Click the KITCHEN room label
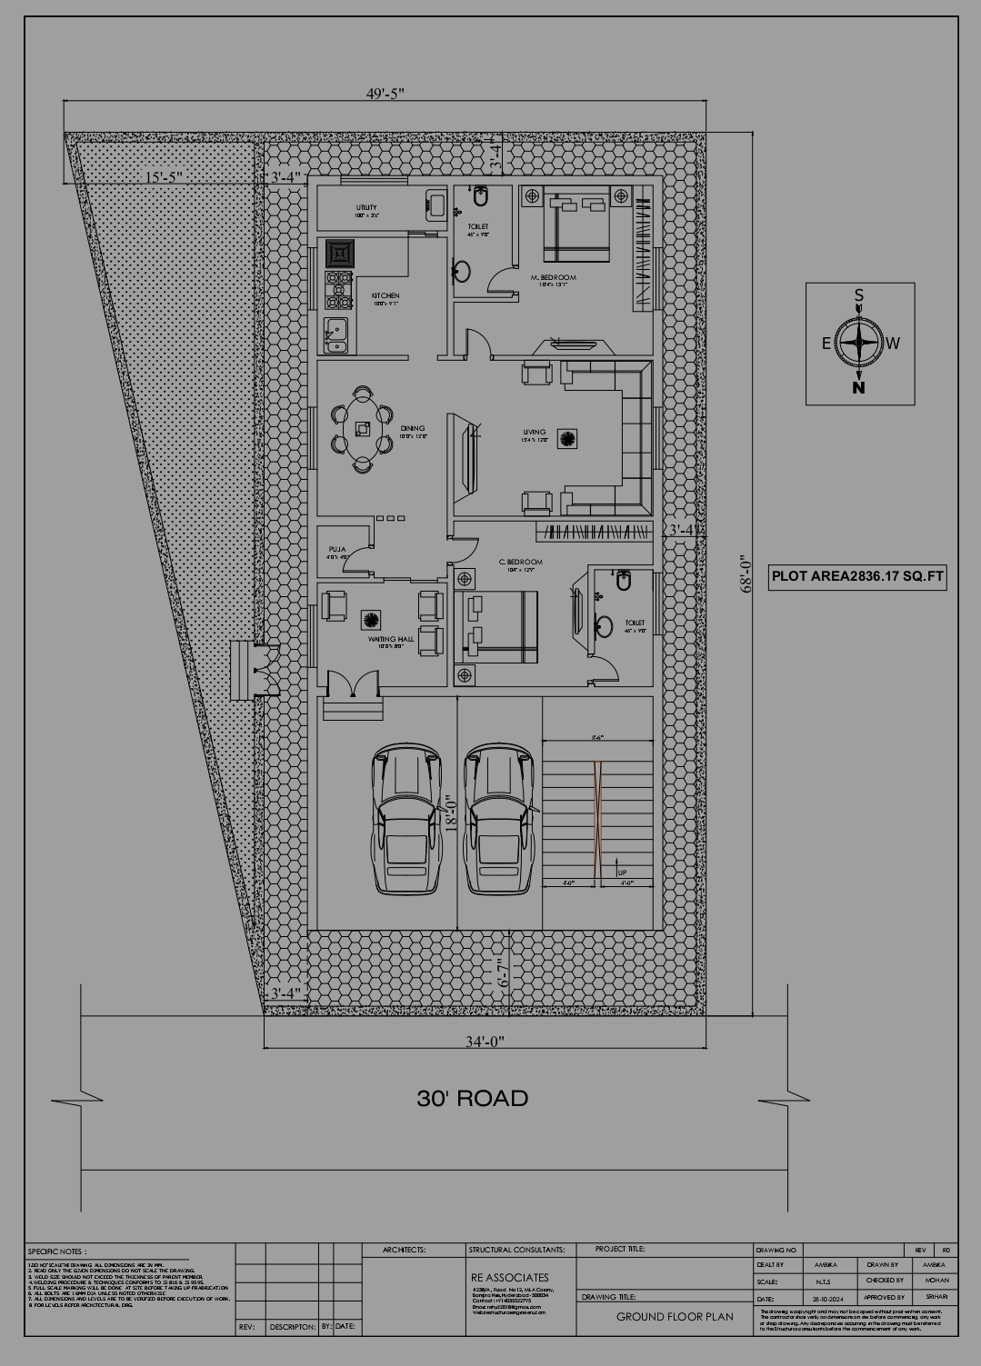click(385, 296)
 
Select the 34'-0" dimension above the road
click(485, 1041)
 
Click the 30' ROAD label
click(472, 1098)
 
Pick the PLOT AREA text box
click(857, 576)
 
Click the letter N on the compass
click(858, 388)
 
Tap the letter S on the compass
click(858, 295)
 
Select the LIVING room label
click(535, 433)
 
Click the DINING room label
click(413, 429)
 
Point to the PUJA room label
click(337, 549)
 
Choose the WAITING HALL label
click(391, 639)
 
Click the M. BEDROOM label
click(554, 277)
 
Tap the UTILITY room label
click(365, 208)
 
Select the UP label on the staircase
click(622, 872)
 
